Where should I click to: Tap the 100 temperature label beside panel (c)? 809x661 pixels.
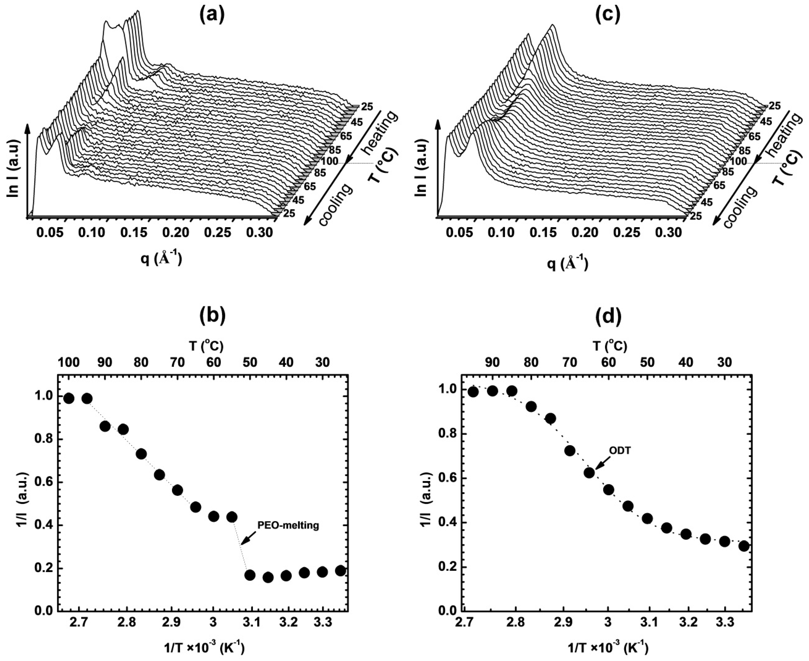coord(738,161)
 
